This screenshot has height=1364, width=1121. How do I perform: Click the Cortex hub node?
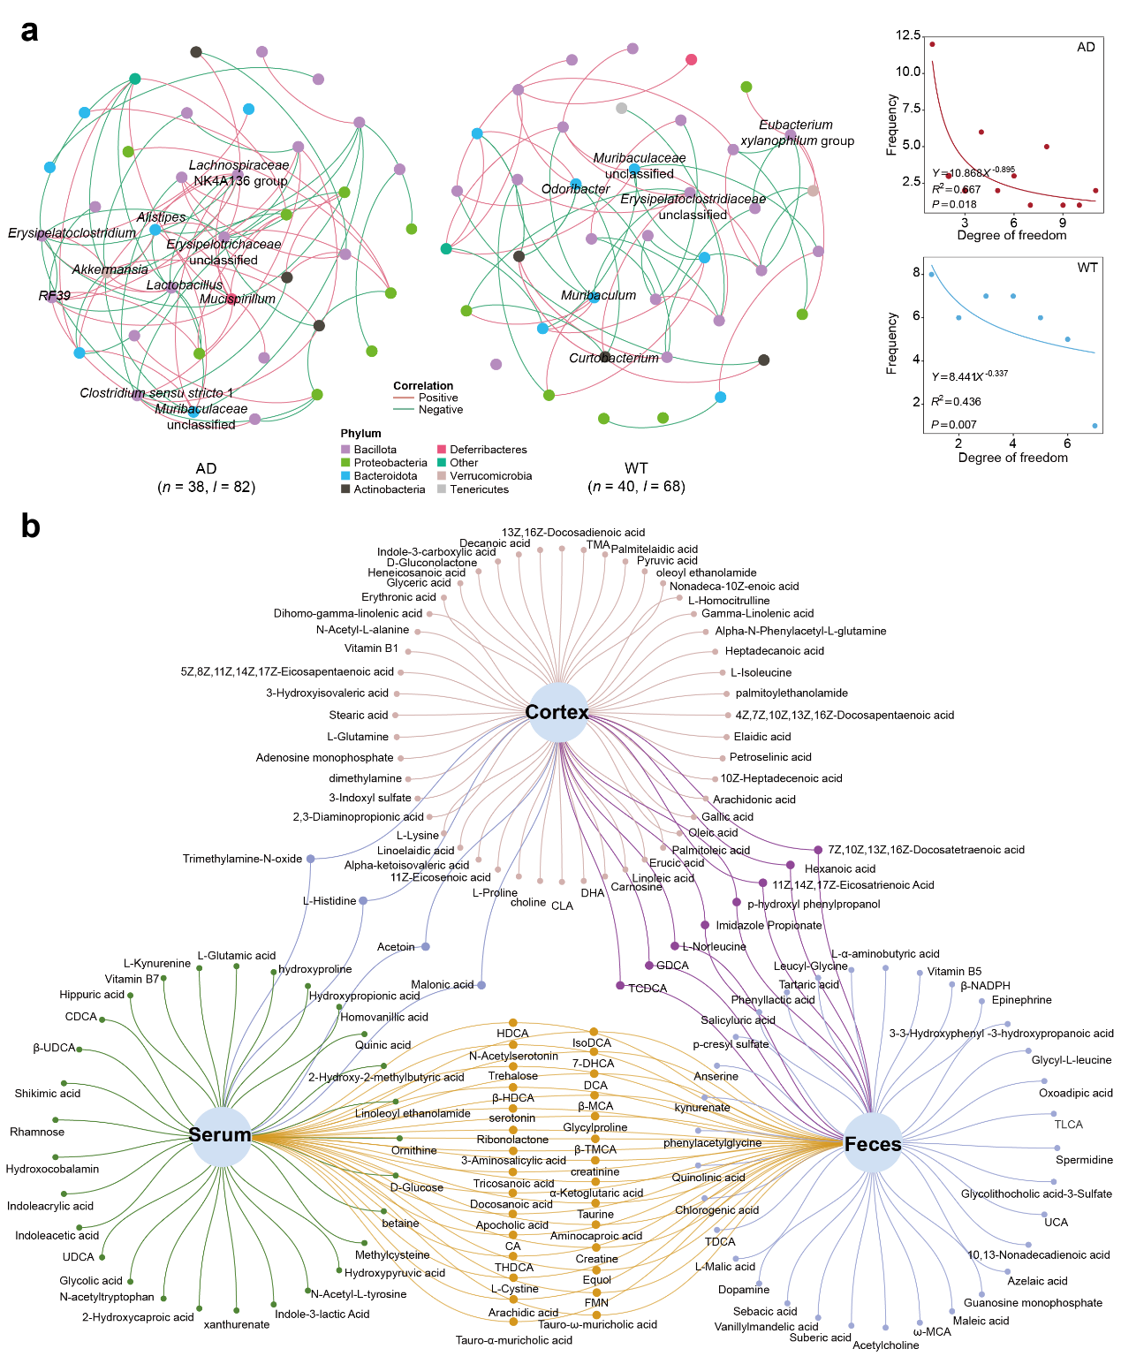click(557, 712)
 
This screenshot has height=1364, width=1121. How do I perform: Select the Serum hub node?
click(220, 1135)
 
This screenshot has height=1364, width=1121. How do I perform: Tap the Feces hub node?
click(873, 1144)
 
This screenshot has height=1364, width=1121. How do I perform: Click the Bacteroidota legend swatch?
click(345, 476)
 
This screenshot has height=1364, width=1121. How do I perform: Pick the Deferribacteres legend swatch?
click(442, 450)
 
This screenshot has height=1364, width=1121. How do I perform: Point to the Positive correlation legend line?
click(404, 398)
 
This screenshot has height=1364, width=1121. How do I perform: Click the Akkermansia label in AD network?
click(110, 269)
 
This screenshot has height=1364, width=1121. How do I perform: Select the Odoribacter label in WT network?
click(575, 189)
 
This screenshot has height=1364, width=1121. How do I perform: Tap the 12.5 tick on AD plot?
click(908, 35)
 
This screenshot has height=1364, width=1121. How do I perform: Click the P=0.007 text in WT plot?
click(954, 425)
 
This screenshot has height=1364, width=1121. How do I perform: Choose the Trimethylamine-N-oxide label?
click(242, 859)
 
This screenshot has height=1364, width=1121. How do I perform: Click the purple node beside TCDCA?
click(620, 985)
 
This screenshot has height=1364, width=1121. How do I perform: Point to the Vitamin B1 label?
click(371, 648)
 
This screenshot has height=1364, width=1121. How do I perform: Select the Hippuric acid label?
click(92, 995)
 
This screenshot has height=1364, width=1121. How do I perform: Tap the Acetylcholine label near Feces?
click(885, 1345)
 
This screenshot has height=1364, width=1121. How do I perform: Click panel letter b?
click(30, 527)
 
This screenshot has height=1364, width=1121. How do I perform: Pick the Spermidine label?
click(1084, 1160)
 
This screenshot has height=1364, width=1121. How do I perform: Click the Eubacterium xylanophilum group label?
click(797, 133)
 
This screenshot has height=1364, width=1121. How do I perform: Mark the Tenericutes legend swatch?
click(442, 489)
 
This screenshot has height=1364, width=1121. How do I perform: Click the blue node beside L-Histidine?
click(363, 900)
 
